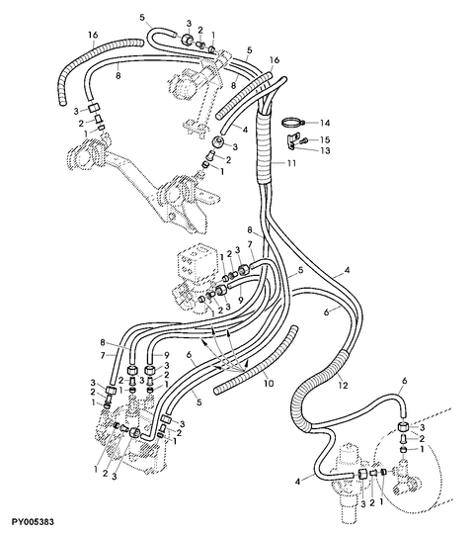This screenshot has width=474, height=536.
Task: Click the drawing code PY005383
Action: tap(34, 521)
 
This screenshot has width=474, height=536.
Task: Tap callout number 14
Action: tap(325, 123)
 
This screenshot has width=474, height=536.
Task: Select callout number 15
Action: tap(325, 139)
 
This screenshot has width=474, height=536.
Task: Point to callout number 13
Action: tap(325, 150)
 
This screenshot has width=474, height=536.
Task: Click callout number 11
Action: tap(290, 163)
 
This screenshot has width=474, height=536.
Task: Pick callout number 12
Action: tap(343, 386)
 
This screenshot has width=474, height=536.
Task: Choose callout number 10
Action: tap(269, 383)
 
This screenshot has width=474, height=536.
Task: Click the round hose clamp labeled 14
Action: tap(292, 122)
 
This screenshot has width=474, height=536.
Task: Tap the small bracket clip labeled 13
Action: tap(290, 141)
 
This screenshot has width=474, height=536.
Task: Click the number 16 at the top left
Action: tap(93, 35)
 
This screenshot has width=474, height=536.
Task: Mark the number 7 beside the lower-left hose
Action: tap(103, 355)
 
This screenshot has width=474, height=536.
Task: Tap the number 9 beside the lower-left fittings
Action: tap(167, 355)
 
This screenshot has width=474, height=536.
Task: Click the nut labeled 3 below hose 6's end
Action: tap(403, 427)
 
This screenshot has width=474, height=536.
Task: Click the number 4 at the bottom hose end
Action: tap(298, 482)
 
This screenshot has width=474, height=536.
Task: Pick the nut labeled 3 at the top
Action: tap(187, 39)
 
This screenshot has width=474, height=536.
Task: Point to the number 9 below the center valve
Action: tap(240, 300)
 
